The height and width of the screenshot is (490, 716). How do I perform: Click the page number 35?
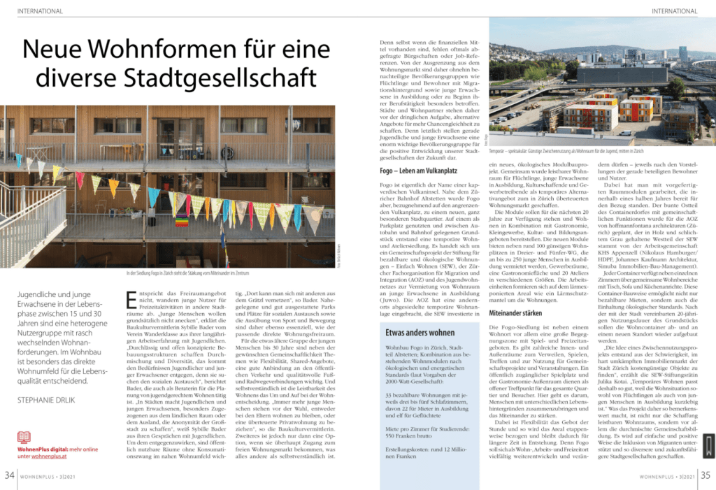click(706, 475)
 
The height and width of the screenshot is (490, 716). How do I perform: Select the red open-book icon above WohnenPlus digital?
click(24, 437)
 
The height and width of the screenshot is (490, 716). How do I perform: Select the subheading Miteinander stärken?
click(515, 313)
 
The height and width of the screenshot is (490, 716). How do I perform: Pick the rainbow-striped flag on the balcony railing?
click(181, 223)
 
